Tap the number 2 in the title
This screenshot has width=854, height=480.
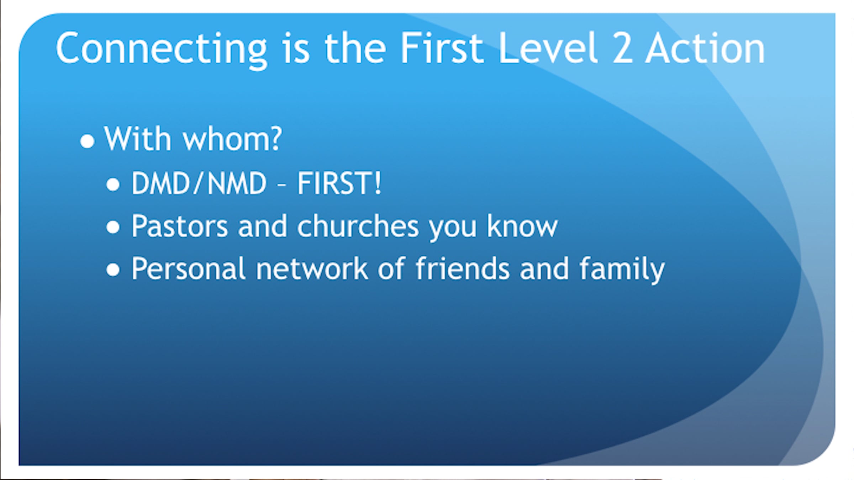click(622, 48)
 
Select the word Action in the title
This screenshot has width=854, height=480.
click(705, 48)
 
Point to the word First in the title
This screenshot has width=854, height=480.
click(442, 48)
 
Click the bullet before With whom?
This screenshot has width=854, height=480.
click(87, 141)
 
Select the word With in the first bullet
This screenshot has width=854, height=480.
click(137, 138)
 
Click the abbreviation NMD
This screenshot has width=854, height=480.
click(237, 183)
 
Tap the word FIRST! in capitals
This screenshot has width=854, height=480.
click(339, 183)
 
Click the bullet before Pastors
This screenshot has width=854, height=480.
click(113, 227)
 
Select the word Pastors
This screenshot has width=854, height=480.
click(180, 226)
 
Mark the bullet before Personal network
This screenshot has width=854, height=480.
click(113, 270)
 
